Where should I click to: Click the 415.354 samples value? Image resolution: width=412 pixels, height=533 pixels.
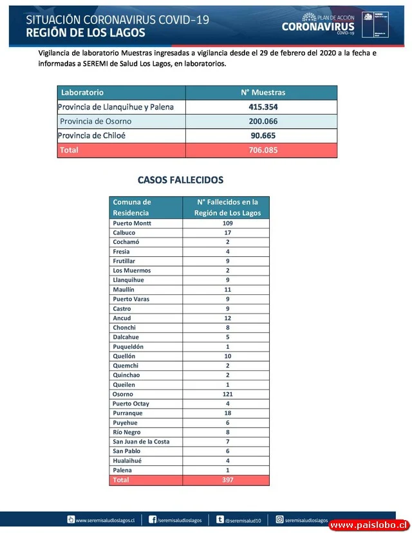point(261,107)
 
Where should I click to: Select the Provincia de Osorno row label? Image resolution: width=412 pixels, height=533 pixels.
point(96,122)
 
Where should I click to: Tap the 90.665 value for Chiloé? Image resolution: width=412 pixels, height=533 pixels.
point(261,136)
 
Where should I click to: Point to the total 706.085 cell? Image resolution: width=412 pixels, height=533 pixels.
point(261,150)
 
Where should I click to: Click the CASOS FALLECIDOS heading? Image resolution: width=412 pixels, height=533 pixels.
point(180,180)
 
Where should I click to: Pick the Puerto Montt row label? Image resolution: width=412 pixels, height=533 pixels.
point(132,223)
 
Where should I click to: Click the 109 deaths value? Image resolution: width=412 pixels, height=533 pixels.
point(227,223)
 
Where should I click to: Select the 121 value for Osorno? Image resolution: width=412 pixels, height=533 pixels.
point(227,394)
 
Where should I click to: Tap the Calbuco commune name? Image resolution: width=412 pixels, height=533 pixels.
point(124,232)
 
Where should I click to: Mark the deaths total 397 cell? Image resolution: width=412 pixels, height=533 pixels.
point(227,480)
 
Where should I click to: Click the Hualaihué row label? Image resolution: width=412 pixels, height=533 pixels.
point(127,461)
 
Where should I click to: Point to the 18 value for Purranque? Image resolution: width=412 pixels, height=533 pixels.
point(227,413)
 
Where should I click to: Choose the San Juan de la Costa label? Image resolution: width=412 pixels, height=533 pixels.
point(140,442)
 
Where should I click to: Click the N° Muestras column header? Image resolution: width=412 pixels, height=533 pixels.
point(261,93)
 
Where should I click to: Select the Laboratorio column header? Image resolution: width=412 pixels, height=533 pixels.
point(82,93)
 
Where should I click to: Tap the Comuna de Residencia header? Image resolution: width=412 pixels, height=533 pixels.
point(133,207)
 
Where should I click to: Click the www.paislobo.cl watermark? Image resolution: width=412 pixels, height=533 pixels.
point(368,525)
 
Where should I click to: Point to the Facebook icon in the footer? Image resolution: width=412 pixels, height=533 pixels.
point(153,519)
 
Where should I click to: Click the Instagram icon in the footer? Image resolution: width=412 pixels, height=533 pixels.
point(280,519)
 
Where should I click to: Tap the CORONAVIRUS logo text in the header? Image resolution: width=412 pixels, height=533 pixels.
point(317,26)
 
